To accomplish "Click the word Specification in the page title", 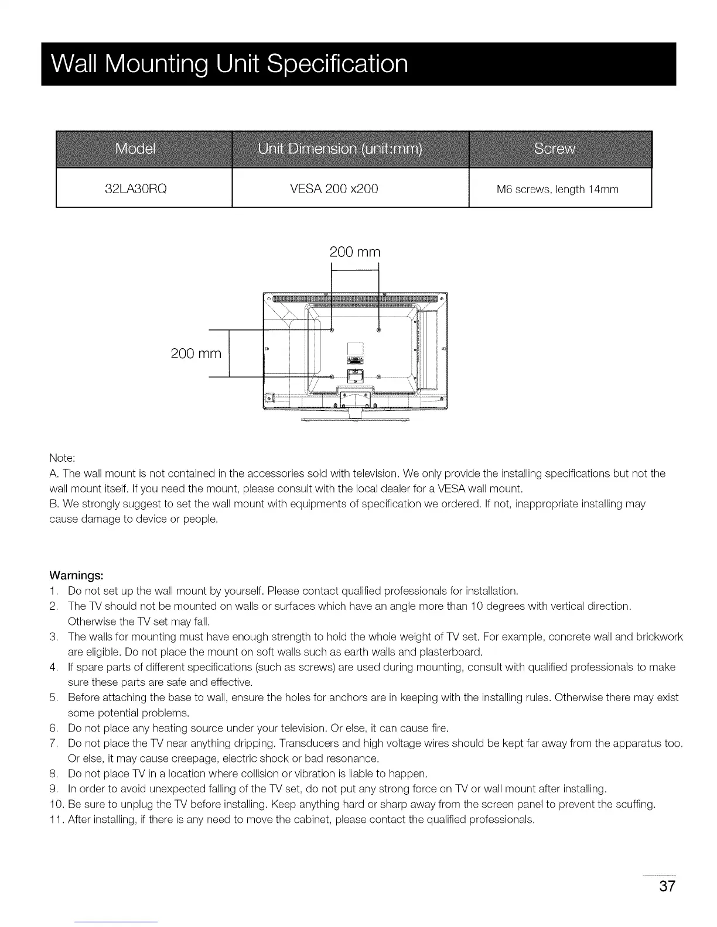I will [x=337, y=64].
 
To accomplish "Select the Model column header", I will [x=135, y=149].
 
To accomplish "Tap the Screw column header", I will [x=554, y=149].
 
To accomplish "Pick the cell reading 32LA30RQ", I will [x=135, y=188].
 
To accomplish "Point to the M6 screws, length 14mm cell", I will [x=557, y=189].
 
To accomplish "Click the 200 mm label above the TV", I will [x=355, y=252].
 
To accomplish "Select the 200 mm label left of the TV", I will [x=196, y=353].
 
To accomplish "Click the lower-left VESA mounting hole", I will [x=332, y=376].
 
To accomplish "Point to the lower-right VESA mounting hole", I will [x=379, y=376].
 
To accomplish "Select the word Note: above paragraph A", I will [x=62, y=457].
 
